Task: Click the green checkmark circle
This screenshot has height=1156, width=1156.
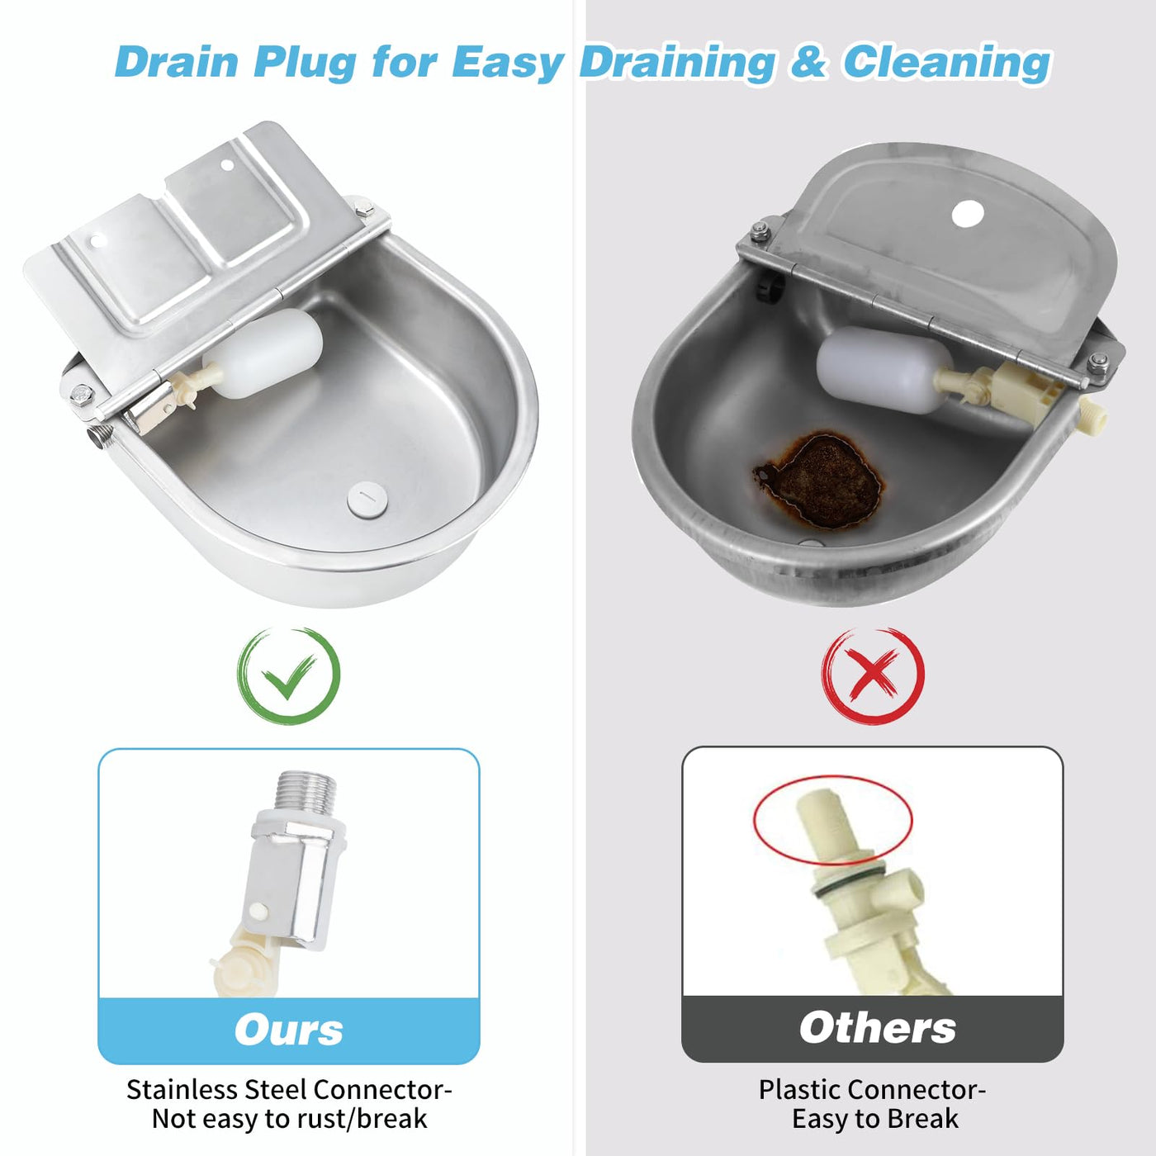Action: pyautogui.click(x=240, y=675)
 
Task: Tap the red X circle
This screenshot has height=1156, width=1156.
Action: pyautogui.click(x=826, y=675)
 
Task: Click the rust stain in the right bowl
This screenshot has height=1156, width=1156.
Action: pyautogui.click(x=819, y=480)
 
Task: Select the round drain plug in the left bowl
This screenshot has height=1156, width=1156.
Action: pyautogui.click(x=367, y=499)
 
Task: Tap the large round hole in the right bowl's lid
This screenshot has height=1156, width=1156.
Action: pyautogui.click(x=968, y=214)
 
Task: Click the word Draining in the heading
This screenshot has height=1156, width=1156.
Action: pyautogui.click(x=677, y=64)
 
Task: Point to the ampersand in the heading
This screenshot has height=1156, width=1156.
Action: pyautogui.click(x=809, y=63)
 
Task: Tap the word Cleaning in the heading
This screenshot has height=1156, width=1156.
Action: pyautogui.click(x=946, y=64)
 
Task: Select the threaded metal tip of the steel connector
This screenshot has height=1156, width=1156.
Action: pyautogui.click(x=306, y=792)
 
